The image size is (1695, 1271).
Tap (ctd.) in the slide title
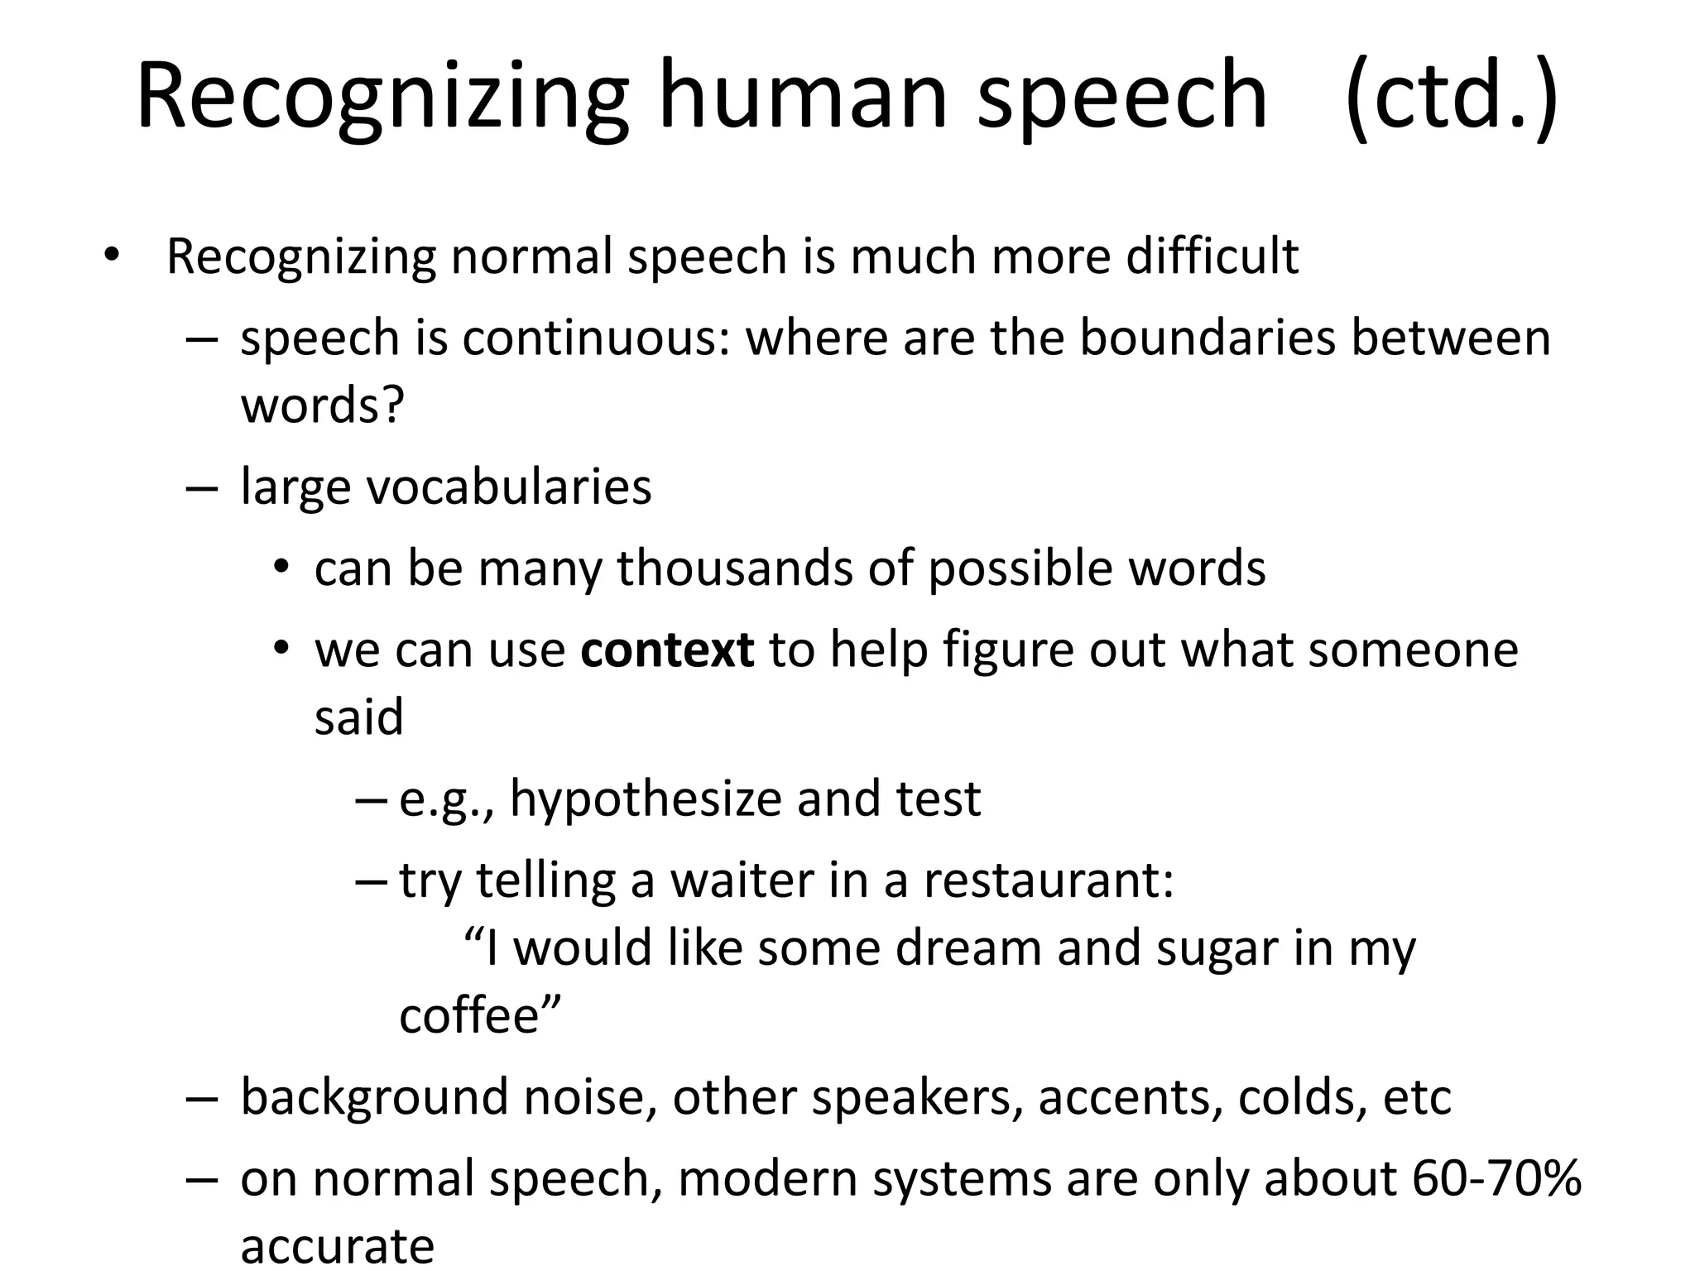(1451, 95)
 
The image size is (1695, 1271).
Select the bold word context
(667, 650)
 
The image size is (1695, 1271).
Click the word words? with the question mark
(322, 405)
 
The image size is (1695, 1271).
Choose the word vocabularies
(508, 487)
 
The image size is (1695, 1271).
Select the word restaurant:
(1049, 880)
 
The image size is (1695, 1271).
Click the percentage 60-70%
(1496, 1178)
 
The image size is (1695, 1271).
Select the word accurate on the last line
(337, 1246)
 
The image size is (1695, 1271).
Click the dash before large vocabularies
(202, 488)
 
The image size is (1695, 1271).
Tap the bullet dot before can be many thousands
(282, 568)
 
